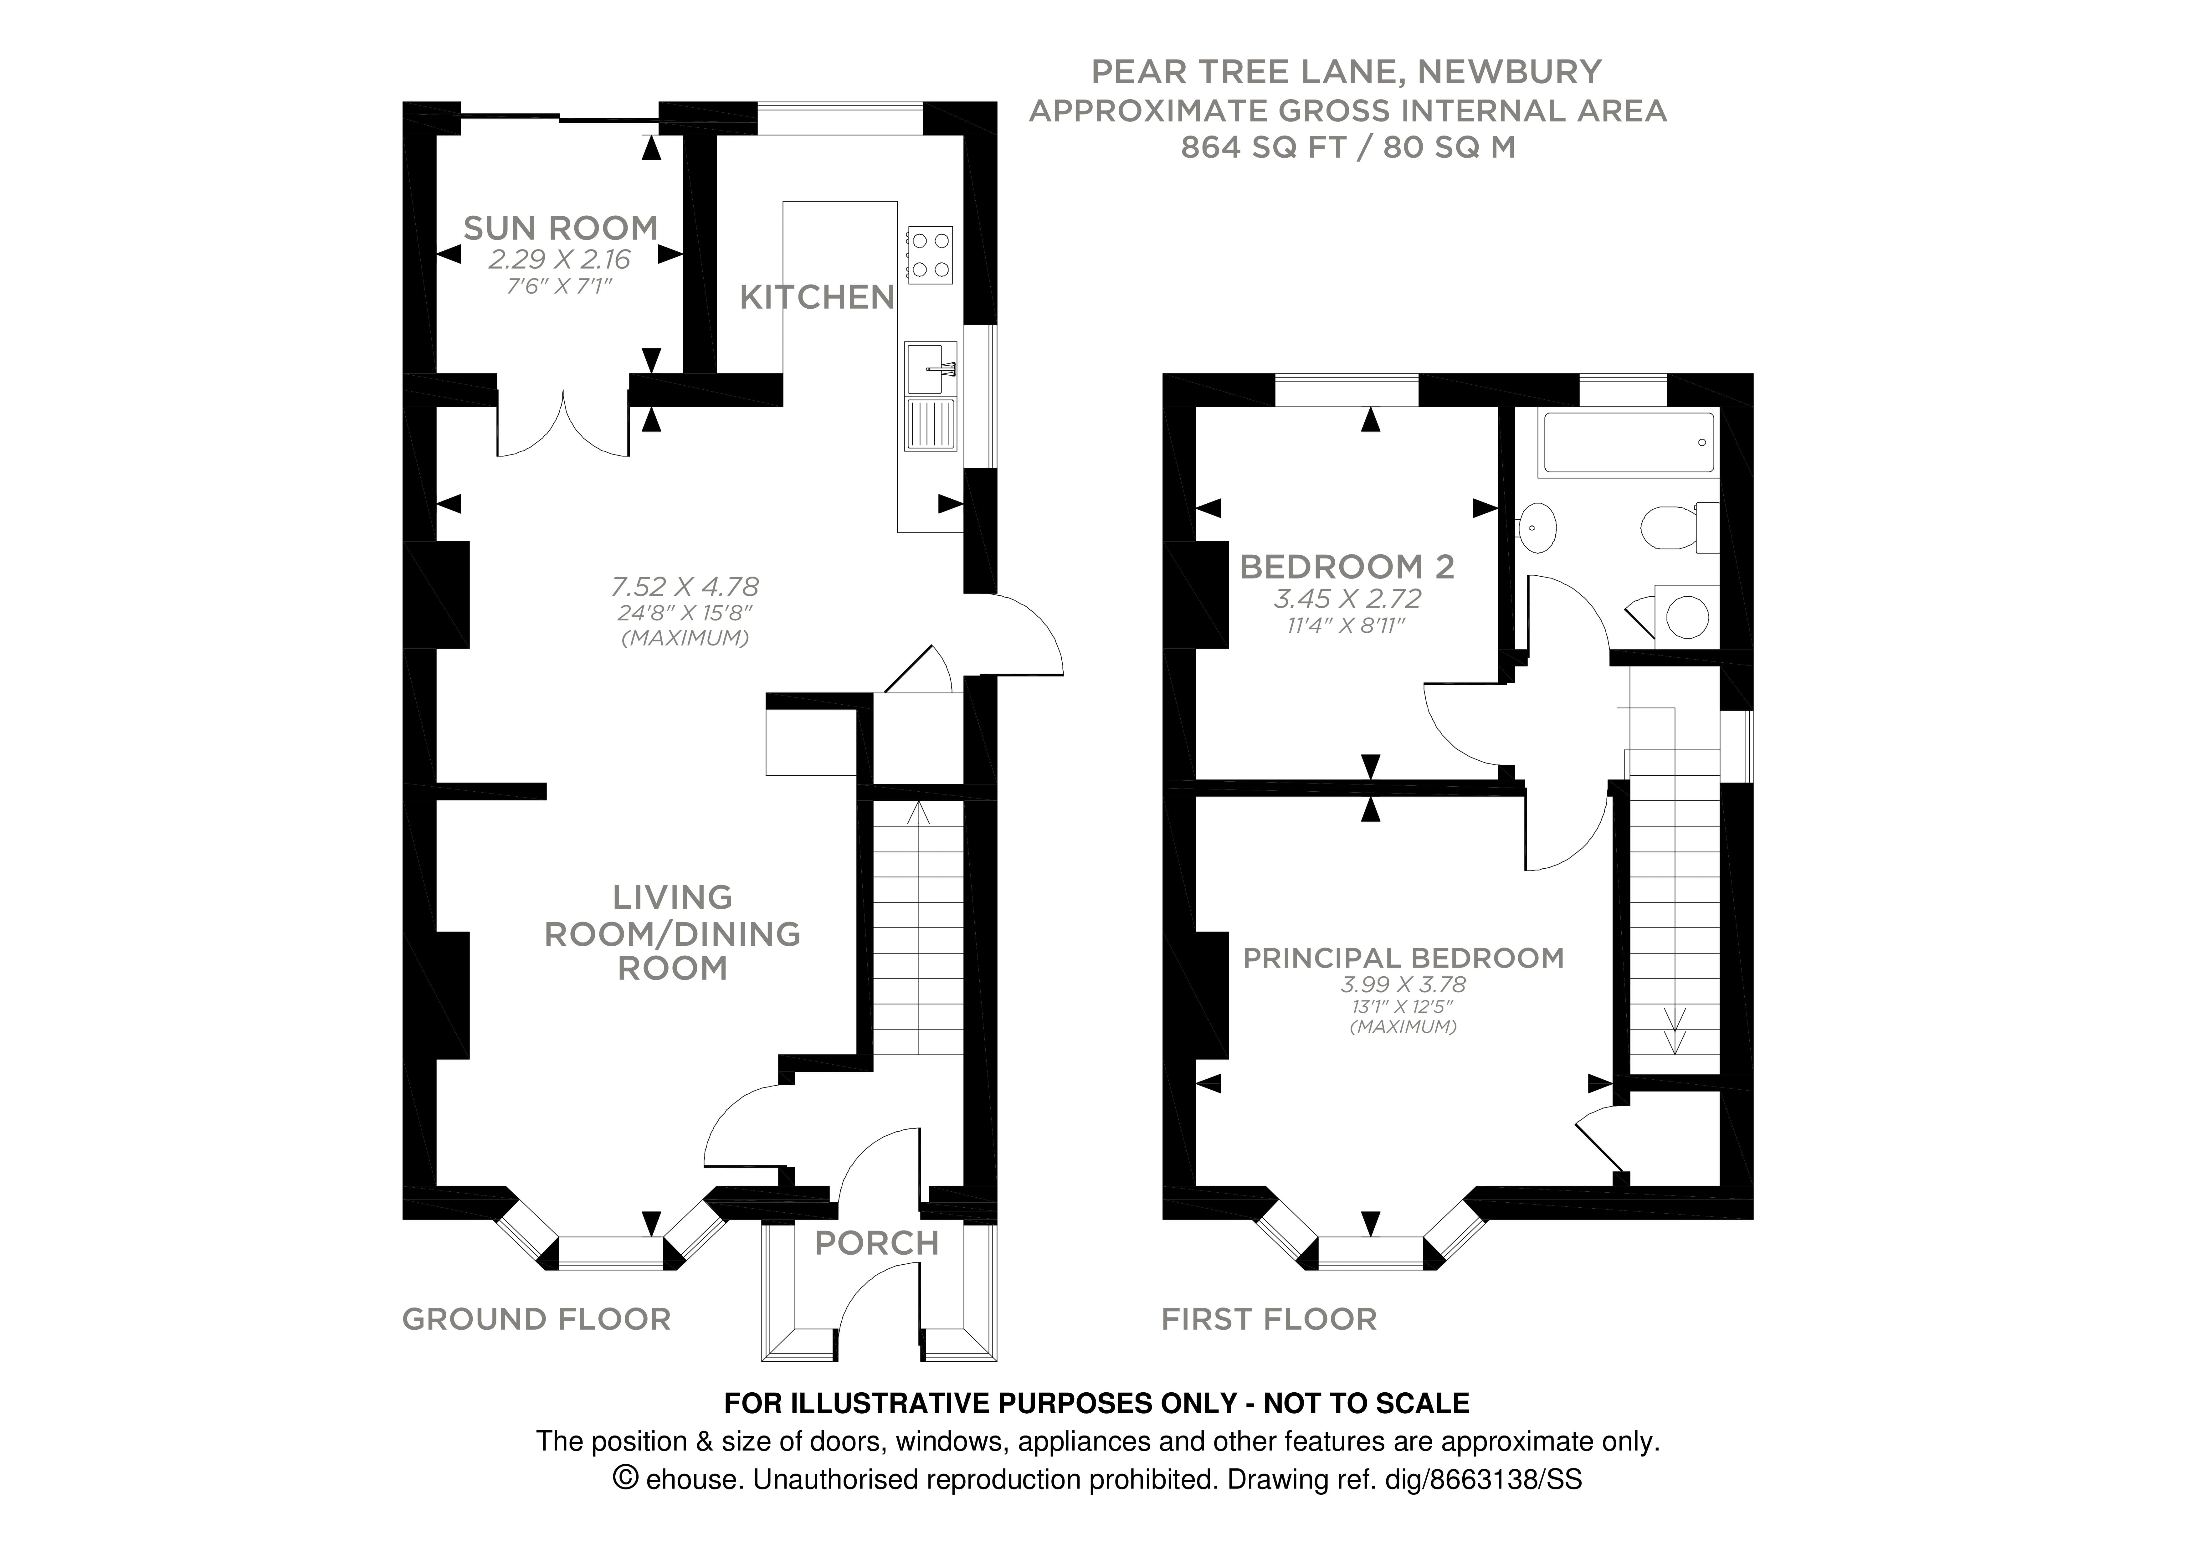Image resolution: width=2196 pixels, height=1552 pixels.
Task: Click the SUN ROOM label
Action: tap(561, 229)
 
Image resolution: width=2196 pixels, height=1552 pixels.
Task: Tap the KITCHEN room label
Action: tap(817, 298)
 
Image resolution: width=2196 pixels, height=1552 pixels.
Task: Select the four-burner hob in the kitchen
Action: tap(930, 254)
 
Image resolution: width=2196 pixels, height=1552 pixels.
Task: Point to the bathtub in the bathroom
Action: tap(1628, 443)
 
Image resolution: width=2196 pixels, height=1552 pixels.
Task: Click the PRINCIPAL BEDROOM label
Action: tap(1403, 958)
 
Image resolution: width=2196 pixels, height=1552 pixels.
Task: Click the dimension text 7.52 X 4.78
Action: tap(685, 586)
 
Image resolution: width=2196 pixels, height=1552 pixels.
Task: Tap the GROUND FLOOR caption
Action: tap(536, 1320)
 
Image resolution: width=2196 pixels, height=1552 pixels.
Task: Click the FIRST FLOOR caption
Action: tap(1268, 1320)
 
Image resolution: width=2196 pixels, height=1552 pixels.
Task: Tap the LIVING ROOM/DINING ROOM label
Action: tap(672, 933)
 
